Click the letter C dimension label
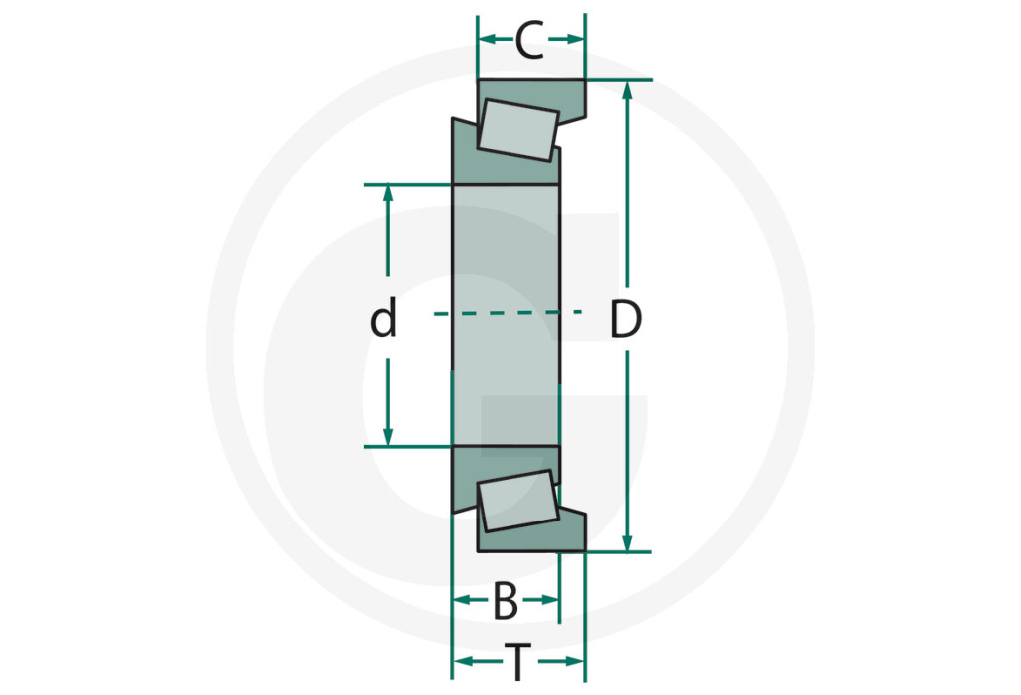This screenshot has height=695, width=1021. [529, 41]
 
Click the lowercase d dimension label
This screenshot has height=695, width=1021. [383, 317]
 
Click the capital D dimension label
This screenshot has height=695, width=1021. [626, 319]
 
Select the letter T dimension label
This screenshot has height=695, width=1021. [518, 662]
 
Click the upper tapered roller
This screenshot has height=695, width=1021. [518, 130]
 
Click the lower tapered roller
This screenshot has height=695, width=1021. [518, 501]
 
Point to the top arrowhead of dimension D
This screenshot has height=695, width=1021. [627, 90]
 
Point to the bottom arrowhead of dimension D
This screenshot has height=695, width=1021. [627, 542]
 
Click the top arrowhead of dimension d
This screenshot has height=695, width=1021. [388, 194]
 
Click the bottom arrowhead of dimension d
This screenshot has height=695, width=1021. [388, 437]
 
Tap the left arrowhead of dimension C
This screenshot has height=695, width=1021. [488, 40]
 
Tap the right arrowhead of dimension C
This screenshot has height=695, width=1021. [575, 40]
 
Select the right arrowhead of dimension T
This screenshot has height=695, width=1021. [575, 662]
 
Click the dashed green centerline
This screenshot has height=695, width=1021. [508, 313]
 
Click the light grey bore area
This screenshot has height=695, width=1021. [506, 316]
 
